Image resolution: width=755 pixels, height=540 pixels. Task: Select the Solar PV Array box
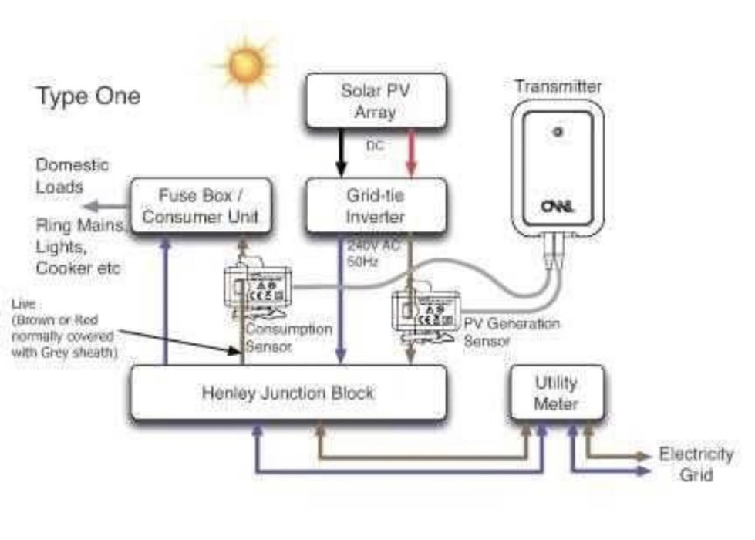(376, 100)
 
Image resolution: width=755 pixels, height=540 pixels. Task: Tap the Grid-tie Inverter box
(376, 206)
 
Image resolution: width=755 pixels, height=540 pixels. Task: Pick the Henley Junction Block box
(288, 393)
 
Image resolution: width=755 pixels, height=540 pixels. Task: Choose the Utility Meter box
(556, 393)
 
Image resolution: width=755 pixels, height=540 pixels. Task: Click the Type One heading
(89, 97)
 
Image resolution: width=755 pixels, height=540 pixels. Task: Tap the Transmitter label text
(558, 86)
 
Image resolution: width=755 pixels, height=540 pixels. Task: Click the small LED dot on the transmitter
(558, 133)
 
